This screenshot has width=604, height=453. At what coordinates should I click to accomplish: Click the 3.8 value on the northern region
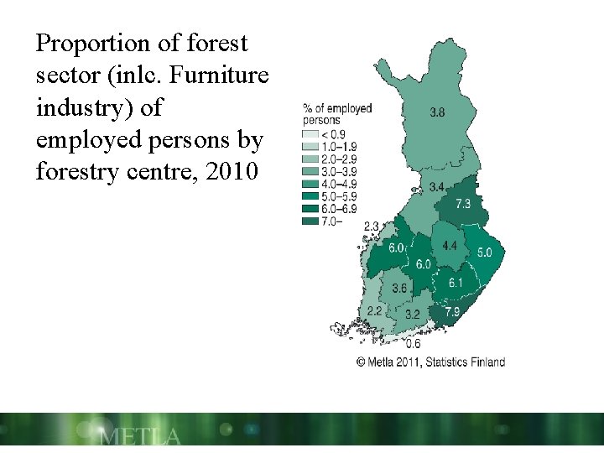tap(437, 112)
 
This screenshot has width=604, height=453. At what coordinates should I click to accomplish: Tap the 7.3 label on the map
tap(463, 204)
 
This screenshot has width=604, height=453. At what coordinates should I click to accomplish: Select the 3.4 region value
tap(436, 186)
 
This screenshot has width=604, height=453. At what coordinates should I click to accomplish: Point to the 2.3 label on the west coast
tap(372, 226)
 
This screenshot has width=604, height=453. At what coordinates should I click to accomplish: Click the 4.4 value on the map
tap(450, 246)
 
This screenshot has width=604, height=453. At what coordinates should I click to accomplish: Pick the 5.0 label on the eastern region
tap(485, 253)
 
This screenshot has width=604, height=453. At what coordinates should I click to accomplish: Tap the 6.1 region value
tap(455, 284)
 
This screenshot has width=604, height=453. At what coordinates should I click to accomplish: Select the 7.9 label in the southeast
tap(451, 312)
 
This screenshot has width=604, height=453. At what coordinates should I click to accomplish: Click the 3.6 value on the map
tap(399, 289)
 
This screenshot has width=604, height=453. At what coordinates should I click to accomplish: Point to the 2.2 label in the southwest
tap(374, 310)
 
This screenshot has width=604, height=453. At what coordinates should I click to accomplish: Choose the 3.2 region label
tap(412, 315)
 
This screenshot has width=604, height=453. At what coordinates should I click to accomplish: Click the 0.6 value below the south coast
tap(413, 344)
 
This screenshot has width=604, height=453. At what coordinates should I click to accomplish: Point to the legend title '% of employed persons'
tap(336, 114)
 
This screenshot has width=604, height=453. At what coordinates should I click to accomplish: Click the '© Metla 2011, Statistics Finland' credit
tap(430, 362)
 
